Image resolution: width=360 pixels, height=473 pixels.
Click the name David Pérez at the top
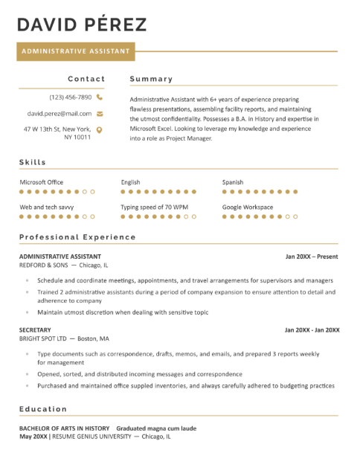[x=82, y=25]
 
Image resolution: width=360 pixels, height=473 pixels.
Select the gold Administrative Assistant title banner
[x=77, y=51]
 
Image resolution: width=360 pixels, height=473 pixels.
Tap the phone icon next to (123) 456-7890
[x=100, y=97]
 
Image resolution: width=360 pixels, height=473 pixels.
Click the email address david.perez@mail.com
[x=60, y=114]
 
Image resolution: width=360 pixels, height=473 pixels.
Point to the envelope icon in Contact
[x=100, y=114]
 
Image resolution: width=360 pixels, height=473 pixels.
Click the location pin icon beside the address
[x=100, y=129]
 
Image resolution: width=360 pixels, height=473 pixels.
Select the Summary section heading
[x=151, y=79]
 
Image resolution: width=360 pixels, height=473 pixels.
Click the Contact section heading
[x=86, y=79]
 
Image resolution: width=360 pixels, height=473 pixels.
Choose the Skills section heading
[x=33, y=162]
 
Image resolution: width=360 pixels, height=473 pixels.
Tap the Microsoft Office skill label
[x=42, y=182]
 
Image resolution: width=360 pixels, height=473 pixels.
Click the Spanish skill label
[x=233, y=182]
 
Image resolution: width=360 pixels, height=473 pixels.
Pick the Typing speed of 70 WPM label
[x=155, y=207]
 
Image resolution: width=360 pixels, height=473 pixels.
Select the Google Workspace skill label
[x=248, y=207]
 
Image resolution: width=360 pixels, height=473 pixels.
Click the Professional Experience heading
[x=77, y=237]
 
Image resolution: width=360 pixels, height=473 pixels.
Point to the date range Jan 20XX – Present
[x=312, y=257]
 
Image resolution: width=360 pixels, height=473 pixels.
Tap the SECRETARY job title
[x=35, y=329]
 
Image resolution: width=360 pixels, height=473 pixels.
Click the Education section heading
[x=43, y=409]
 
